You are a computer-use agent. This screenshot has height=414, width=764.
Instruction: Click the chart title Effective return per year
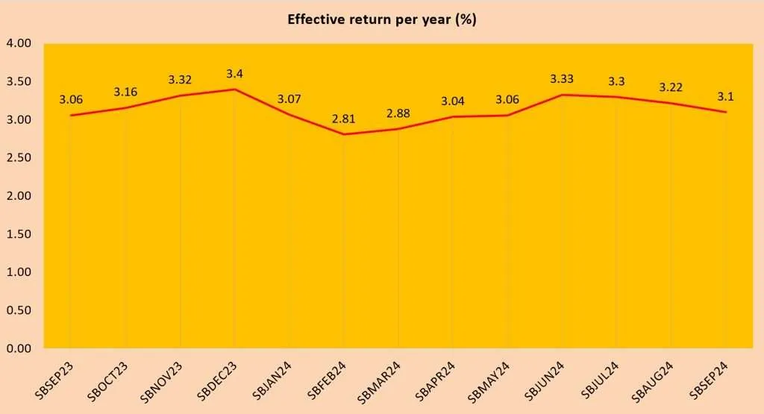coord(382,19)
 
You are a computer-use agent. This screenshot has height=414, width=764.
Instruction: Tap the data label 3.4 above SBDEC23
coord(234,73)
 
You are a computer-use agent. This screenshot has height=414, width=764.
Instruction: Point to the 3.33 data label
coord(562,78)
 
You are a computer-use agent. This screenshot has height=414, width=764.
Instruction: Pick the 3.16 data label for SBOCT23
coord(125,92)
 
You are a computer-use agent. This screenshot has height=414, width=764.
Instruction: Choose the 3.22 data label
coord(671,87)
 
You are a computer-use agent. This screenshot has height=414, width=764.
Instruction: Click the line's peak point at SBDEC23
coord(234,90)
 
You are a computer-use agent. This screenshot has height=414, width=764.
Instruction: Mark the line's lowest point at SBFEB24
coord(343,134)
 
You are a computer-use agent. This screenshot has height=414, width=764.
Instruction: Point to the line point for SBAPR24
coord(453,116)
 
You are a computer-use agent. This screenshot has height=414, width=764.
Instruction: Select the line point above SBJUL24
coord(616,97)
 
